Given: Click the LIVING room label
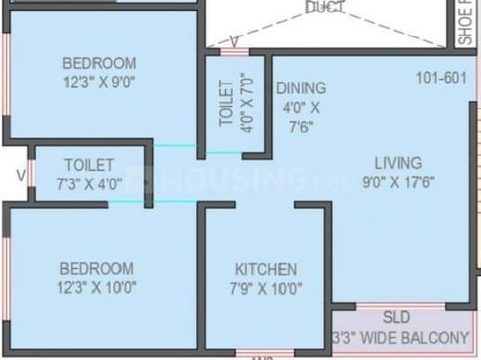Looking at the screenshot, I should [398, 163].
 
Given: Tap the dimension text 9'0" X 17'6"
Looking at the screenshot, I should [398, 183].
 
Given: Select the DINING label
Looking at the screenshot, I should [301, 87].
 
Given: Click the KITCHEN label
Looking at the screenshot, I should [266, 270].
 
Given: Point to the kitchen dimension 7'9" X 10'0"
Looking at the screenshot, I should [266, 289].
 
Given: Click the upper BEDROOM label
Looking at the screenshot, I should [99, 63].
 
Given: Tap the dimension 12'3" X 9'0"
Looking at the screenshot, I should [99, 82].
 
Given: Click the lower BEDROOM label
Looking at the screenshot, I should [96, 268].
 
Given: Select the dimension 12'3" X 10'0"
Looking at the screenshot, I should [96, 288].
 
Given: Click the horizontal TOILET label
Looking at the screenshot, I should [88, 165].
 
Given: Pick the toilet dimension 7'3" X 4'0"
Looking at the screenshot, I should [88, 183].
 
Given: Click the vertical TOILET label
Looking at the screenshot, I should [226, 103].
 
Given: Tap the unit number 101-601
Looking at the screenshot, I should [441, 77].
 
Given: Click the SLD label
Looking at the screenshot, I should [396, 318].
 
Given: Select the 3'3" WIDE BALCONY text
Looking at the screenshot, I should [402, 338].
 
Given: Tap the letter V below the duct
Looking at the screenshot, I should [234, 40].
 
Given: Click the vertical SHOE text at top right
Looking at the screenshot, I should [465, 23].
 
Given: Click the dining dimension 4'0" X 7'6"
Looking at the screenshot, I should [301, 115].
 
